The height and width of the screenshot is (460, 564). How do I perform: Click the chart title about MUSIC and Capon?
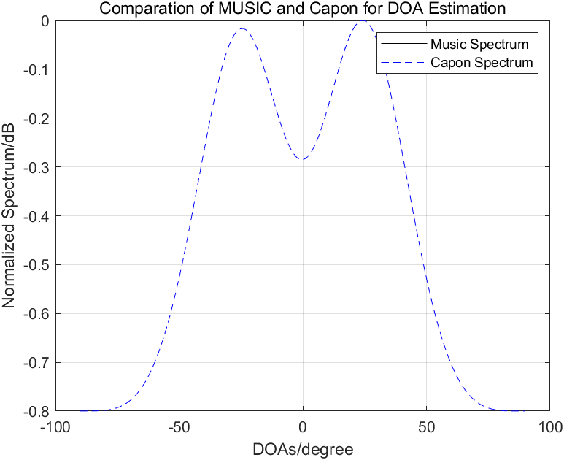coord(302,9)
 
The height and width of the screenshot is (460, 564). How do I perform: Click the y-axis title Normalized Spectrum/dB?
coord(9,216)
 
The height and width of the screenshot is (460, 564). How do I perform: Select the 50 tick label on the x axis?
coord(427,426)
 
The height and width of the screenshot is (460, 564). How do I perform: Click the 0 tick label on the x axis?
coord(303,426)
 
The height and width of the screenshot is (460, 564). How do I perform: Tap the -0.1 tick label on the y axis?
coord(35,69)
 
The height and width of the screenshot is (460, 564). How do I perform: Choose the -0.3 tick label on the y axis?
coord(35,167)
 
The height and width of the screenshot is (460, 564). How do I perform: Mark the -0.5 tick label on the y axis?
coord(35,265)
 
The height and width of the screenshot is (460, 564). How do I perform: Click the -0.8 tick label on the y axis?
coord(35,411)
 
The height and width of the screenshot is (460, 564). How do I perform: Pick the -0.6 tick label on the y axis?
coord(35,314)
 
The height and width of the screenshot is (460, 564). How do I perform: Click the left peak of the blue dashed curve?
coord(242,29)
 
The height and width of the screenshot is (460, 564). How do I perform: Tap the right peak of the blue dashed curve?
coord(363,21)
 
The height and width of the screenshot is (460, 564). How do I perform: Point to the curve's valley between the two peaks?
coord(302,160)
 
